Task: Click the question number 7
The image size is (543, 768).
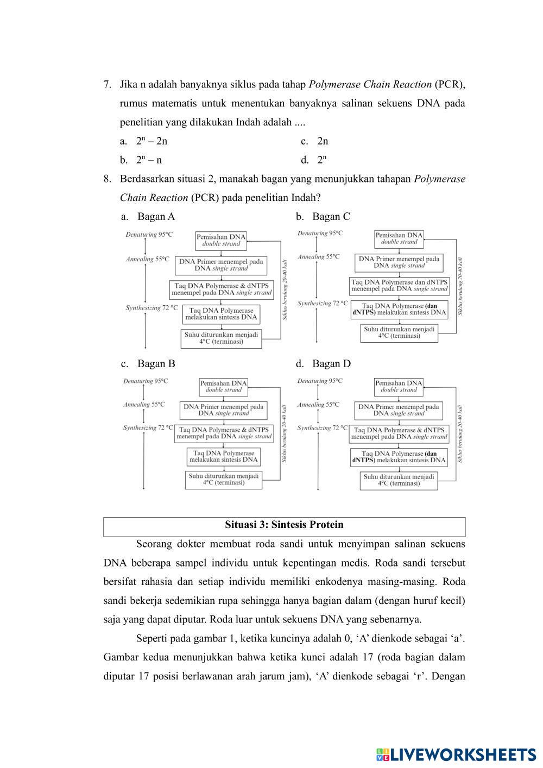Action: (x=108, y=85)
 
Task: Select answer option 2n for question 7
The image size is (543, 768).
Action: (x=323, y=141)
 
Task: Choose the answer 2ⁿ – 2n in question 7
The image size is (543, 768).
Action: (x=151, y=141)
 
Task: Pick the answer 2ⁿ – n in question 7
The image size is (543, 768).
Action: (x=149, y=160)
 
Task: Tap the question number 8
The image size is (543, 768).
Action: (x=108, y=179)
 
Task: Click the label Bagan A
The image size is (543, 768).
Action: (x=156, y=217)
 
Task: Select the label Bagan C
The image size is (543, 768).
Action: (x=331, y=217)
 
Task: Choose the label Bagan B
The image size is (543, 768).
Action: (x=156, y=364)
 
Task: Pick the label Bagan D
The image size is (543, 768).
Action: (x=331, y=364)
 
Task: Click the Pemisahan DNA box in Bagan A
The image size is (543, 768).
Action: (x=221, y=240)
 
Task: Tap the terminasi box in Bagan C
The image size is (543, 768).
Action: (x=399, y=332)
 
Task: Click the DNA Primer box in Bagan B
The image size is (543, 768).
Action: (x=223, y=410)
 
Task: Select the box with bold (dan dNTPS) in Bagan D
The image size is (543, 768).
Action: (x=399, y=457)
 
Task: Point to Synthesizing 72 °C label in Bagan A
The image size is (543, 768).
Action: (x=151, y=308)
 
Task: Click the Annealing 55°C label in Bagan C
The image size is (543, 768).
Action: (x=319, y=256)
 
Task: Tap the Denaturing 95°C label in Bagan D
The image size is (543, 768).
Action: (x=320, y=381)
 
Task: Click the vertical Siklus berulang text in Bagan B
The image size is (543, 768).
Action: (x=285, y=433)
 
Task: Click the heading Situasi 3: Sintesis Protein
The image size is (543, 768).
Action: (x=284, y=525)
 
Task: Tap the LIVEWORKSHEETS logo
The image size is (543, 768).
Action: (x=456, y=754)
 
